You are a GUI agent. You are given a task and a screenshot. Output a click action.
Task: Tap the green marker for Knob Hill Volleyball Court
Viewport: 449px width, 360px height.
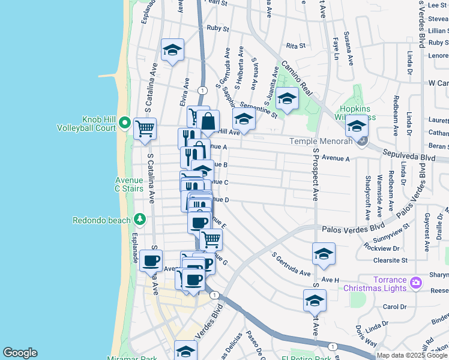[125, 123]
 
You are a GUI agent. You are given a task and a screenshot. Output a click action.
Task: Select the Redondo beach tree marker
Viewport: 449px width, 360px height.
[140, 220]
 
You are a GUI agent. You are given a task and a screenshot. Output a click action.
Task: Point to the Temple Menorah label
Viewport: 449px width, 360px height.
[319, 142]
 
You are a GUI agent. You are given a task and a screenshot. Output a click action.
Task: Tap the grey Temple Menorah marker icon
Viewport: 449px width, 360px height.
[361, 142]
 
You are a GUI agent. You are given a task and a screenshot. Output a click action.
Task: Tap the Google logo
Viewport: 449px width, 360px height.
[19, 353]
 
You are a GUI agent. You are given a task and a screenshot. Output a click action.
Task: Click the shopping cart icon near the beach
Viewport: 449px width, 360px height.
[145, 128]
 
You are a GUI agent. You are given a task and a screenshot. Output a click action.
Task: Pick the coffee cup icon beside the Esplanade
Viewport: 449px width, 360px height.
[151, 261]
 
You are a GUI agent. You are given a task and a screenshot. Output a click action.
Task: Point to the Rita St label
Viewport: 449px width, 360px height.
[296, 46]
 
